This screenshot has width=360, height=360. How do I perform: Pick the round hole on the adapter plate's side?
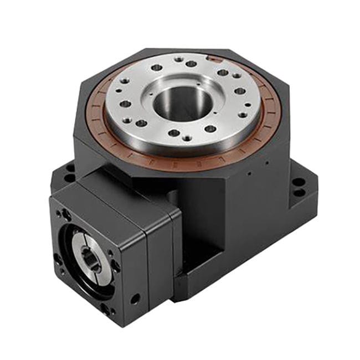tap(134, 300)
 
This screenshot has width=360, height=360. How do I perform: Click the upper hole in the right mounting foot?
tap(299, 181)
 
